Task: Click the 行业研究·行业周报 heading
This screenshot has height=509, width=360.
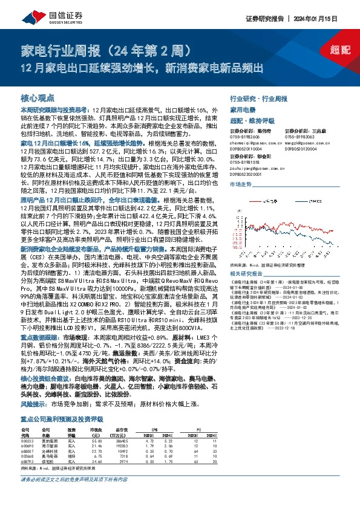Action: coord(260,97)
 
